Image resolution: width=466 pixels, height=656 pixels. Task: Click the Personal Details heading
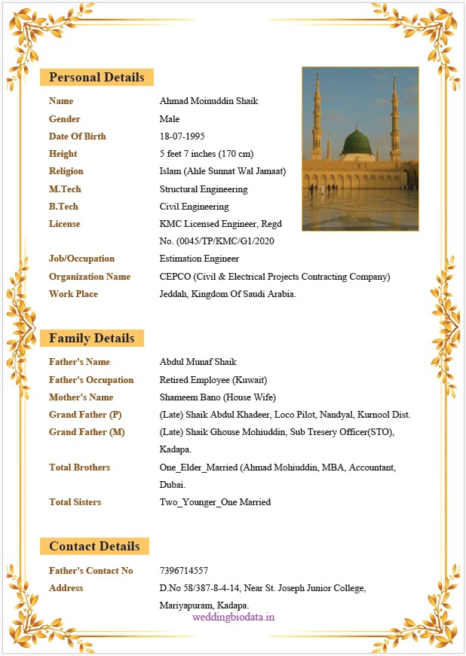pyautogui.click(x=97, y=77)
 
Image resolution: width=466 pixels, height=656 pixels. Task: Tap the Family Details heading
pyautogui.click(x=92, y=338)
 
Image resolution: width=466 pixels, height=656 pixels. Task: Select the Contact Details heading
pyautogui.click(x=94, y=546)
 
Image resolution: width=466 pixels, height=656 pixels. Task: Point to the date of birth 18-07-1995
pyautogui.click(x=182, y=136)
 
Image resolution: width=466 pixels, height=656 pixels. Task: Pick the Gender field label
pyautogui.click(x=65, y=119)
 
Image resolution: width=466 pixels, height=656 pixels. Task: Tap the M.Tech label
pyautogui.click(x=65, y=189)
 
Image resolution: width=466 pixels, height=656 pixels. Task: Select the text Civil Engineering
pyautogui.click(x=194, y=207)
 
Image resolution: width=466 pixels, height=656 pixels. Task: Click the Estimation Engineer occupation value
pyautogui.click(x=199, y=259)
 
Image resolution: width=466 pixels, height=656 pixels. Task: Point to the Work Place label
pyautogui.click(x=73, y=294)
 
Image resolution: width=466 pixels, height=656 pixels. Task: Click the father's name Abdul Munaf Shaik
pyautogui.click(x=198, y=362)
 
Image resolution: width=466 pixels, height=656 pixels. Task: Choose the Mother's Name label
pyautogui.click(x=81, y=397)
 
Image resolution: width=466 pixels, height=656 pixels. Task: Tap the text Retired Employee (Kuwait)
pyautogui.click(x=213, y=380)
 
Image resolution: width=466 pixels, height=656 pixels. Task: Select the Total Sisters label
pyautogui.click(x=75, y=502)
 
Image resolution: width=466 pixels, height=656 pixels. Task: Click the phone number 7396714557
pyautogui.click(x=184, y=571)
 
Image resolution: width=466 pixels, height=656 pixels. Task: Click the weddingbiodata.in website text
pyautogui.click(x=233, y=617)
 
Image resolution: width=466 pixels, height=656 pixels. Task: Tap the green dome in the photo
pyautogui.click(x=358, y=142)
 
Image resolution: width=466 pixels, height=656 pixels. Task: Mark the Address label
pyautogui.click(x=66, y=588)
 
